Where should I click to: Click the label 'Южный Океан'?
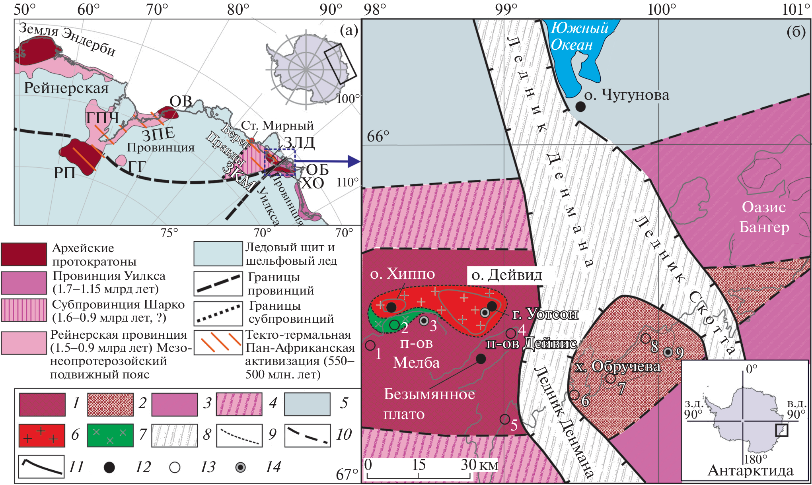(579, 36)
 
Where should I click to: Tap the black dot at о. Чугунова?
(580, 106)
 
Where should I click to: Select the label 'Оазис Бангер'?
(764, 217)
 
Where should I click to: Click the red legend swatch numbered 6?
(42, 435)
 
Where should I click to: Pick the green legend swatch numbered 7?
(110, 435)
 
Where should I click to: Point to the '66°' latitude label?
(378, 136)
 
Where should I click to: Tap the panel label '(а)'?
(349, 30)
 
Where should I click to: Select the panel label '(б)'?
(796, 31)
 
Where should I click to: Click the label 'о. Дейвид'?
(506, 275)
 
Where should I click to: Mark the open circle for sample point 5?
(505, 419)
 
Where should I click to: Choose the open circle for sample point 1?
(370, 345)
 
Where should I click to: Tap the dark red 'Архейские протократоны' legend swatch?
(24, 254)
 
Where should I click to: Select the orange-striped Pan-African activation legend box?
(218, 343)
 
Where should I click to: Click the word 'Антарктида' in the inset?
(750, 471)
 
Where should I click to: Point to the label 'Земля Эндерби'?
(68, 39)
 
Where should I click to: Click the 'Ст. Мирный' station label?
(277, 126)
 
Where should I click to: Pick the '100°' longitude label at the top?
(662, 9)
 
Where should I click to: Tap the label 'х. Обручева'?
(618, 367)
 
